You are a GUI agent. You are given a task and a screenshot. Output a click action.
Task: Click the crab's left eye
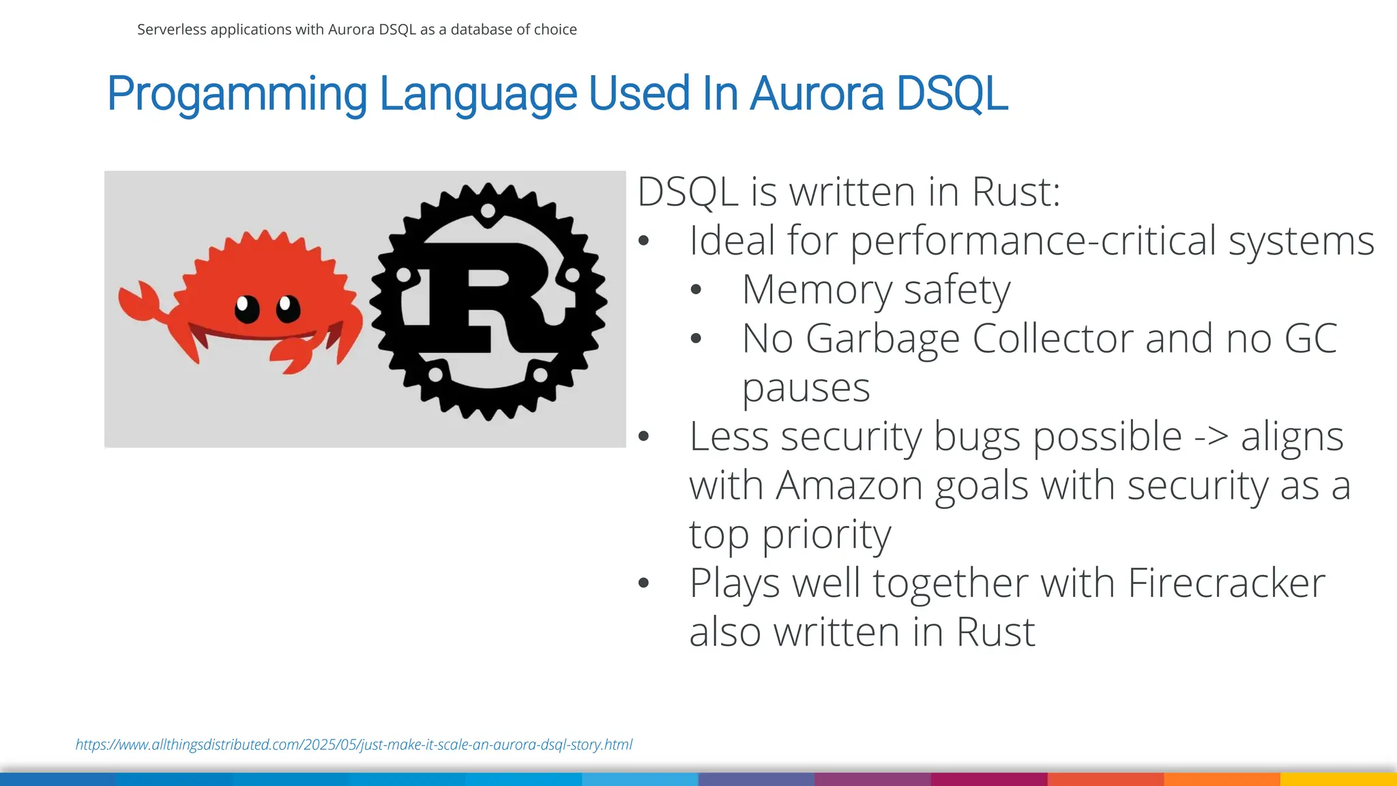click(247, 308)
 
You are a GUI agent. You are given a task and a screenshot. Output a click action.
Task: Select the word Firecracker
click(1226, 583)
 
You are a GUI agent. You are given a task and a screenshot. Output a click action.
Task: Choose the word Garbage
click(883, 338)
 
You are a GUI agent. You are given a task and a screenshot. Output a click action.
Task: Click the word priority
click(826, 534)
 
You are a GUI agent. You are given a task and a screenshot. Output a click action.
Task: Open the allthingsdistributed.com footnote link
click(354, 744)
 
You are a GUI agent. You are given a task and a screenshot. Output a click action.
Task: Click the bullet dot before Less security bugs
click(643, 437)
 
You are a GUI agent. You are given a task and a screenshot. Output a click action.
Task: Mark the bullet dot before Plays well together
click(643, 583)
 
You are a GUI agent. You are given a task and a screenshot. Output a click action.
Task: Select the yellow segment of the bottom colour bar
click(1338, 779)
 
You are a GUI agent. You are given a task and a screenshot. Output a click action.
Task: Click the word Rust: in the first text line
click(1016, 192)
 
